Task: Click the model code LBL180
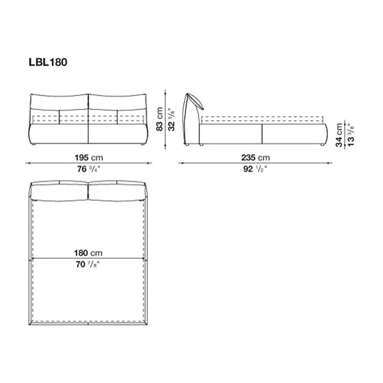point(48,62)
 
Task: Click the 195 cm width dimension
point(89,158)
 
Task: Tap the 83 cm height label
point(159,119)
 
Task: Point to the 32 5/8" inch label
point(172,120)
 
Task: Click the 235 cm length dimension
point(256,158)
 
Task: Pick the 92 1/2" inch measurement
point(255,169)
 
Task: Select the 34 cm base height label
point(339,135)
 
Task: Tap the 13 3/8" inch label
point(351,135)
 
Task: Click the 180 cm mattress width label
point(88,253)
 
